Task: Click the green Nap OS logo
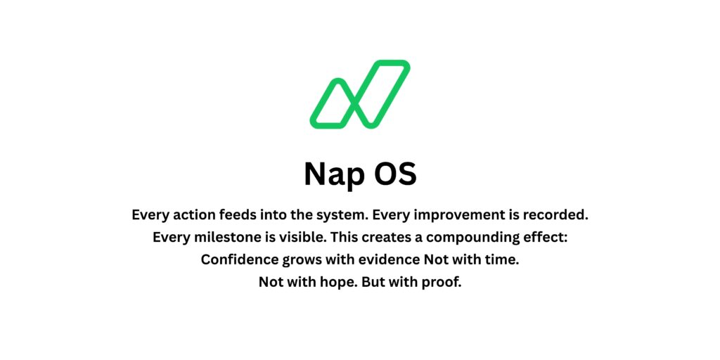(359, 95)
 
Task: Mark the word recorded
(558, 214)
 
